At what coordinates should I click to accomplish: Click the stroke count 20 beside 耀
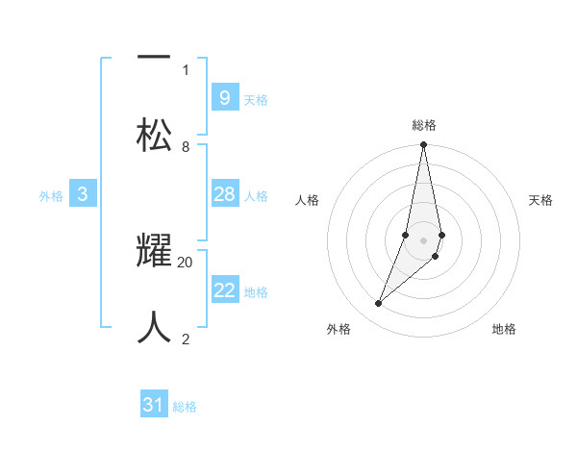coord(186,262)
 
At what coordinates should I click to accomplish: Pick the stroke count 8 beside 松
coord(186,146)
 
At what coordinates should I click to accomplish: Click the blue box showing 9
coord(224,97)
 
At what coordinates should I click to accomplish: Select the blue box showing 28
coord(224,194)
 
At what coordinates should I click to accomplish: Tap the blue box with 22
coord(224,290)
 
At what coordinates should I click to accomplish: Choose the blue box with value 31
coord(154,405)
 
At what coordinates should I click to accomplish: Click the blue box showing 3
coord(83,194)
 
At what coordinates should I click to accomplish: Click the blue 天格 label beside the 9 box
coord(256,100)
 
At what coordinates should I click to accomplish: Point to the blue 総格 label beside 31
coord(185,408)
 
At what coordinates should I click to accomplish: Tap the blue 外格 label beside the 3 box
coord(51,196)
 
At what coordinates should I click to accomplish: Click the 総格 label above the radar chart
coord(423,125)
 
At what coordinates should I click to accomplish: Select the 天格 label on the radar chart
coord(540,200)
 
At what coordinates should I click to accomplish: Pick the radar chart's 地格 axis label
coord(504,329)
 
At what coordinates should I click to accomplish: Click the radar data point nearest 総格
coord(423,146)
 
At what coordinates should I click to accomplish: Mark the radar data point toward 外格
coord(379,303)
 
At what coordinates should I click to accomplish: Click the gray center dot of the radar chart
coord(423,239)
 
